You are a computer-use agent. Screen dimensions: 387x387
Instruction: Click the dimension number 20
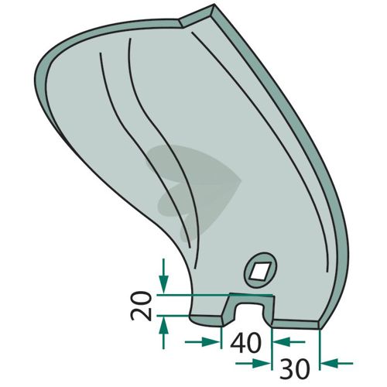tap(141, 306)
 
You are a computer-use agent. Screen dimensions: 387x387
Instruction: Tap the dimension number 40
tap(246, 343)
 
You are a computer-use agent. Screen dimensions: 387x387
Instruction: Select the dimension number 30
tap(294, 368)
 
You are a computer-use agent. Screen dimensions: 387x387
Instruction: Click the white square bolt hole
tap(261, 271)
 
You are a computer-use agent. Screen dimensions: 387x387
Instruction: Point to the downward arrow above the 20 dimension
tap(163, 276)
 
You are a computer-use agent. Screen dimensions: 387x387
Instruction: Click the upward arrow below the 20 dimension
tap(163, 333)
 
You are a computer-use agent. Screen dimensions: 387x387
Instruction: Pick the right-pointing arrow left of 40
tap(202, 342)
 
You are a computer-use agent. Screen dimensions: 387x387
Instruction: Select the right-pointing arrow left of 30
tap(253, 364)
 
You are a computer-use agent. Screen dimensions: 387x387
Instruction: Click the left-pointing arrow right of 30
tap(337, 363)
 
